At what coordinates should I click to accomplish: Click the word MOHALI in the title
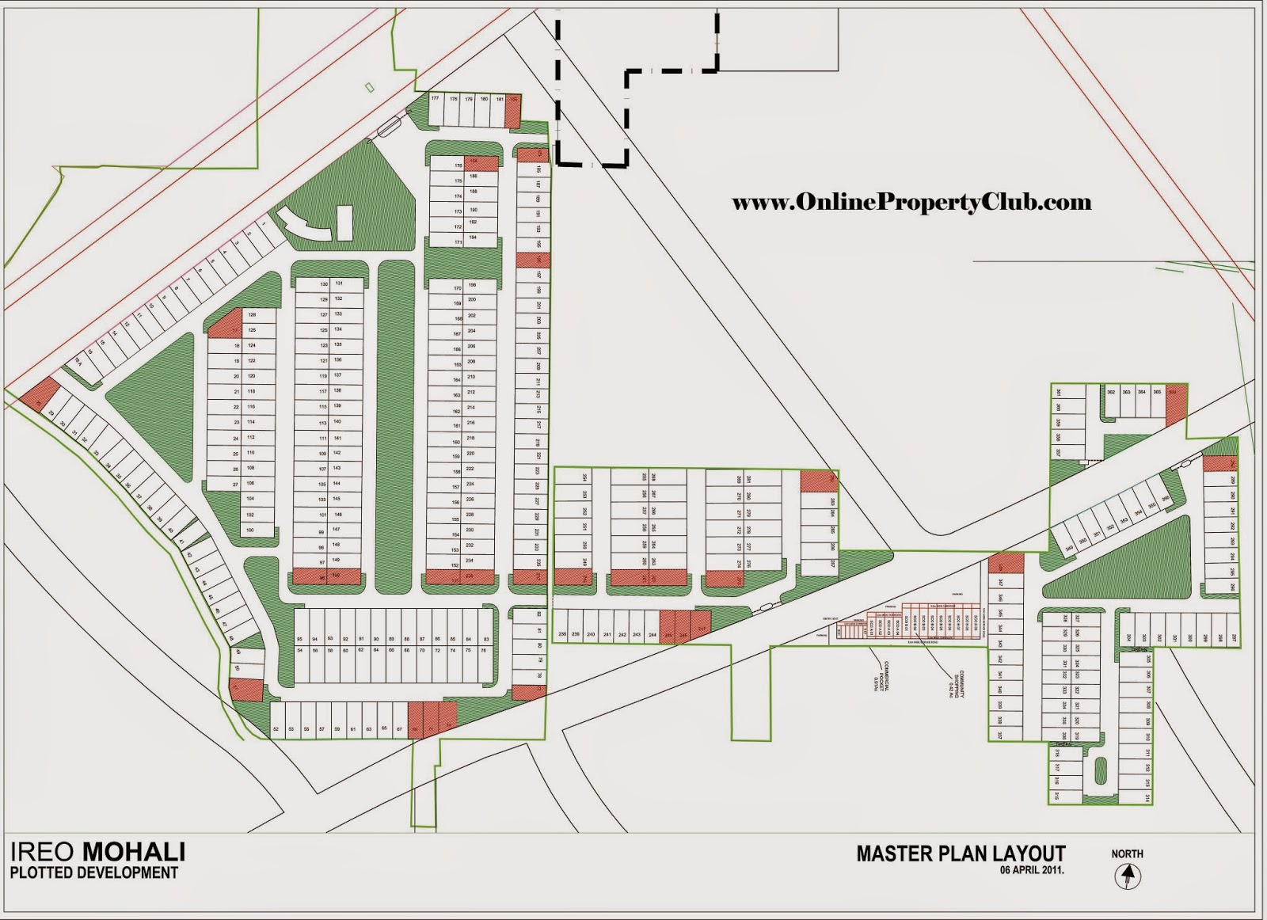click(x=134, y=852)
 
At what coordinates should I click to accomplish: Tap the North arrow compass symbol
click(x=1126, y=876)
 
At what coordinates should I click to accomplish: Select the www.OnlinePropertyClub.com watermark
click(x=911, y=203)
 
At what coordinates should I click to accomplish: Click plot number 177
click(x=436, y=100)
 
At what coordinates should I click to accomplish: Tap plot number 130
click(x=324, y=284)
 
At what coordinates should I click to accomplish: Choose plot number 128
click(x=252, y=315)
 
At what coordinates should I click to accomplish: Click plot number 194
click(x=473, y=238)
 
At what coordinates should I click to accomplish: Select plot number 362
click(x=1111, y=392)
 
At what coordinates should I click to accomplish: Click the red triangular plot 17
click(x=228, y=325)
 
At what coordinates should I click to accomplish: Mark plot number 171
click(x=458, y=242)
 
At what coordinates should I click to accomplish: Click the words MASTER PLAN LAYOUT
click(x=961, y=853)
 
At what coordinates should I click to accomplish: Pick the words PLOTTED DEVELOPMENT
click(x=94, y=872)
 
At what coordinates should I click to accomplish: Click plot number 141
click(x=337, y=438)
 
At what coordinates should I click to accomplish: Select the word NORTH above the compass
click(x=1127, y=853)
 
